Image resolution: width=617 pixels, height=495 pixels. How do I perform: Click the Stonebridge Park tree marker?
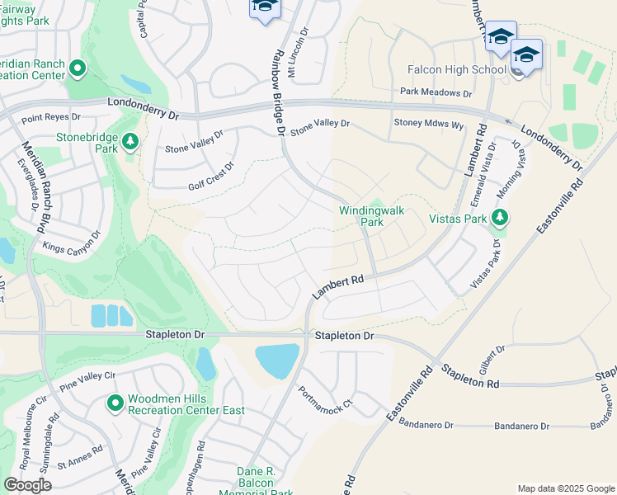[x=130, y=143]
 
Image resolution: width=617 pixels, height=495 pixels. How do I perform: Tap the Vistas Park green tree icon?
[x=499, y=218]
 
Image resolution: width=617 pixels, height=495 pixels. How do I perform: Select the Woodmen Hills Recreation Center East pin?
[x=115, y=403]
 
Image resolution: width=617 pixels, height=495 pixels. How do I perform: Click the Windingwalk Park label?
[x=372, y=216]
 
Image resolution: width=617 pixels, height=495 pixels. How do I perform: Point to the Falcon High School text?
[x=456, y=70]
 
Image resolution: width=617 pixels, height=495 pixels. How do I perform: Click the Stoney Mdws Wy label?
[x=430, y=125]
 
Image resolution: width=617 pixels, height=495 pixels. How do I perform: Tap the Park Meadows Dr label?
[x=436, y=92]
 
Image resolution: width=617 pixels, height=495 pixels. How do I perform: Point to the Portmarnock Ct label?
[x=325, y=398]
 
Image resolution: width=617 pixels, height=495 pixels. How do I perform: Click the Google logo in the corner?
[x=28, y=485]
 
